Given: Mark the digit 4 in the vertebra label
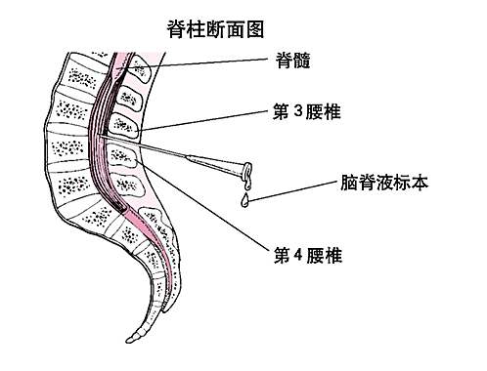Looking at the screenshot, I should (x=304, y=257).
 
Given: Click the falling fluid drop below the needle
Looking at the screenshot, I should (x=244, y=201).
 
